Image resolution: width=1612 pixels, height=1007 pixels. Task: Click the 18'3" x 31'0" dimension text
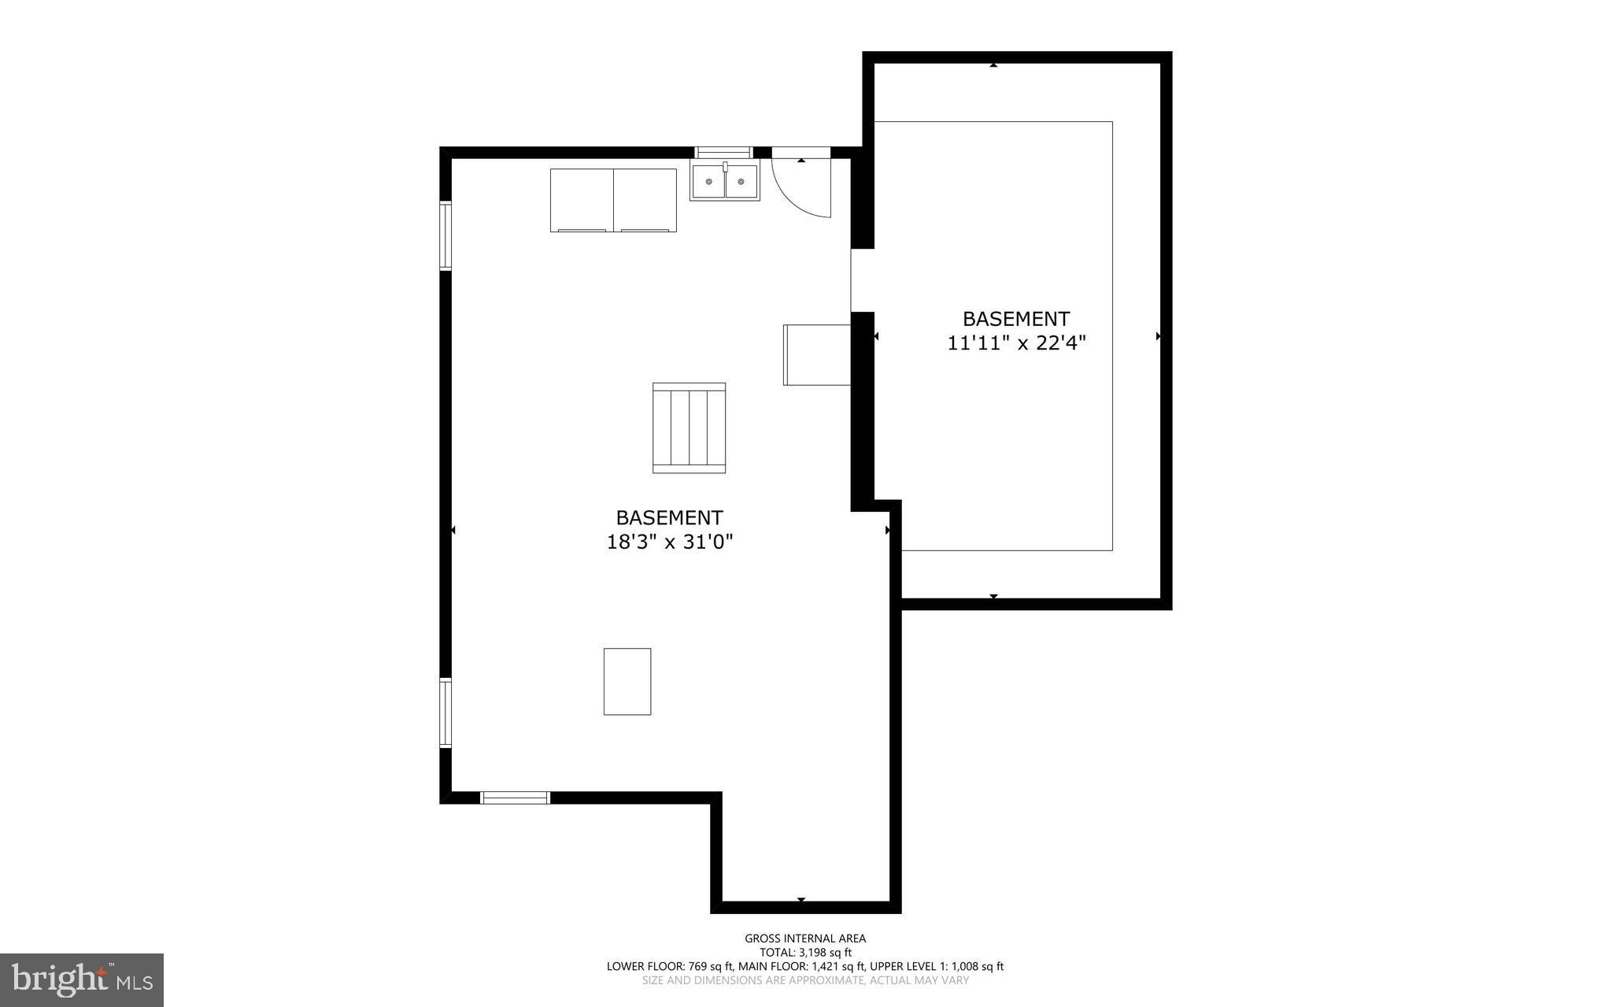pos(669,542)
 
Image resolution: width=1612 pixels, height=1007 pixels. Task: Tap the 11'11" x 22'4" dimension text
pos(1016,344)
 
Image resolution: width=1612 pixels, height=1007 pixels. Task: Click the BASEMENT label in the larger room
pos(669,518)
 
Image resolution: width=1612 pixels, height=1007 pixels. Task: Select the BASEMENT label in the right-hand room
pos(1016,319)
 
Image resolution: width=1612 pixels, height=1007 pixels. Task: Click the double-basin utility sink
pos(725,182)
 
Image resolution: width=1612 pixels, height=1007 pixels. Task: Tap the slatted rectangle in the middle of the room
pos(689,428)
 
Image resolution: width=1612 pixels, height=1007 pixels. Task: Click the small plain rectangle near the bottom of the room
pos(627,682)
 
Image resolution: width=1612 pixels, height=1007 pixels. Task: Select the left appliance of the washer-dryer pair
pos(582,200)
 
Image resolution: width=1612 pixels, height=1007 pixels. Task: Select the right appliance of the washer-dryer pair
pos(645,200)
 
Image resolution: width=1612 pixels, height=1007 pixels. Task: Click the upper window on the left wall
pos(446,236)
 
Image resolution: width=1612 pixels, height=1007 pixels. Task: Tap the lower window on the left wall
pos(446,713)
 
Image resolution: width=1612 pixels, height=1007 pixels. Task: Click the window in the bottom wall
pos(515,798)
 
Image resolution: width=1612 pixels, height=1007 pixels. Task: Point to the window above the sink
pos(723,153)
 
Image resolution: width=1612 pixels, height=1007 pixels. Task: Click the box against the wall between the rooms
pos(817,355)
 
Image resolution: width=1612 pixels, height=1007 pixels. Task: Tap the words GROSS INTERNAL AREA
pos(805,939)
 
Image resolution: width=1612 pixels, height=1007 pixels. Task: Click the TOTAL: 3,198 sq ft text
pos(805,953)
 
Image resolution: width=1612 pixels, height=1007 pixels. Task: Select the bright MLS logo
pos(82,979)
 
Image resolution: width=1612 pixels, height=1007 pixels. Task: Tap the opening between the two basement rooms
pos(863,280)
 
